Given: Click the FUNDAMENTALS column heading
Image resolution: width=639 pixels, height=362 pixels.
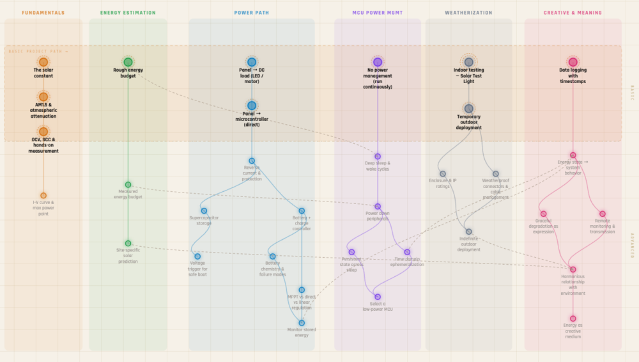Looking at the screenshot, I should click(43, 13).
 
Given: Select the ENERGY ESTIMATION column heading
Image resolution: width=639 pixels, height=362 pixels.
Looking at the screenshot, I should click(128, 13).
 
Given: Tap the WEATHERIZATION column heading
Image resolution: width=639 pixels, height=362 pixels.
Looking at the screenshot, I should click(468, 13).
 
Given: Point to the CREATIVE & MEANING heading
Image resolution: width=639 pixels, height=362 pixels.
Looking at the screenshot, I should click(573, 13).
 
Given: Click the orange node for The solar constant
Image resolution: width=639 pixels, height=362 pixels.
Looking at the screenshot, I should click(43, 62).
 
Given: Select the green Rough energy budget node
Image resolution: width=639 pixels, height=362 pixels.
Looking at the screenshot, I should click(128, 62).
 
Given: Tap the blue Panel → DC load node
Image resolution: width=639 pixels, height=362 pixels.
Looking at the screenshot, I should click(252, 62).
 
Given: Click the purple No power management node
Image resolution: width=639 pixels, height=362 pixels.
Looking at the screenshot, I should click(378, 62).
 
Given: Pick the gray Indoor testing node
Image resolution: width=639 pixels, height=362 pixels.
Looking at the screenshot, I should click(468, 62).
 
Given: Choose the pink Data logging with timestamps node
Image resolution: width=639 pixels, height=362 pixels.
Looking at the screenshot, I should click(573, 62).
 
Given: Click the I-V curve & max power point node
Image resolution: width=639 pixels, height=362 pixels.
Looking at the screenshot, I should click(43, 196).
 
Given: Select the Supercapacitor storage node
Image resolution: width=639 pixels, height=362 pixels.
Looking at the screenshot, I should click(204, 210).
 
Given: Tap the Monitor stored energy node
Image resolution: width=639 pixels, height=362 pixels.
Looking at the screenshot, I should click(302, 323).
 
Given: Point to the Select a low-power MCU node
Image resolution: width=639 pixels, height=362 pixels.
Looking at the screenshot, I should click(378, 297).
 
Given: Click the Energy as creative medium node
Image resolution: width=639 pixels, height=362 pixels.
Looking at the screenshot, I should click(573, 319).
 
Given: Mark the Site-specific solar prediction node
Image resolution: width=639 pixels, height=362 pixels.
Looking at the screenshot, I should click(128, 244).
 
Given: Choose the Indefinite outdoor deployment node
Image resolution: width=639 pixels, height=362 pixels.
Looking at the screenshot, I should click(468, 232).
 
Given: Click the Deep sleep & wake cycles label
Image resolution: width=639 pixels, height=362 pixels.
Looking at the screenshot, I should click(378, 166).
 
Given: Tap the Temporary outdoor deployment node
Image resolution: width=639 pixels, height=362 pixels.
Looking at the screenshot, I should click(468, 109).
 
